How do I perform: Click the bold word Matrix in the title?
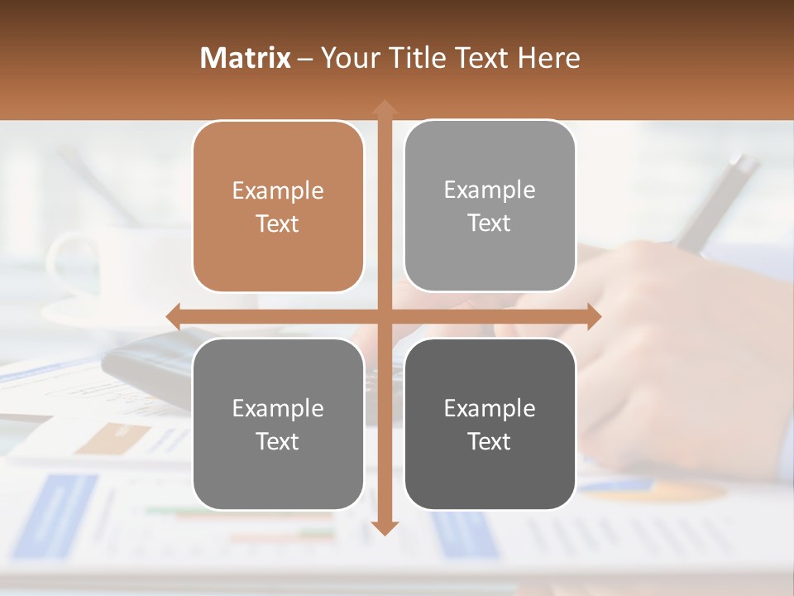click(x=245, y=58)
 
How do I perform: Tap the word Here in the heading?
click(x=548, y=58)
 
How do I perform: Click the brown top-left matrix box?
click(x=278, y=206)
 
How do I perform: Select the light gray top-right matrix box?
click(x=490, y=205)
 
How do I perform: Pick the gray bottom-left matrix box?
click(x=278, y=424)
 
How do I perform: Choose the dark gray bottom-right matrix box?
click(x=490, y=424)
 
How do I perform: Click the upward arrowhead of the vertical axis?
click(x=384, y=108)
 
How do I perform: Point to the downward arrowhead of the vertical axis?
click(x=384, y=527)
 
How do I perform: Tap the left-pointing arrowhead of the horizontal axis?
click(x=174, y=317)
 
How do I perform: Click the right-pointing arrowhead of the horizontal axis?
click(x=594, y=317)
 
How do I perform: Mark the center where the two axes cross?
click(x=384, y=317)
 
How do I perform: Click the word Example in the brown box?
click(x=278, y=190)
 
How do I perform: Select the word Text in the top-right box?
click(x=490, y=223)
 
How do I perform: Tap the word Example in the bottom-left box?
click(x=278, y=408)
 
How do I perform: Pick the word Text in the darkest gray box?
click(x=490, y=441)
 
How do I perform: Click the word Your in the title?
click(x=347, y=58)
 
